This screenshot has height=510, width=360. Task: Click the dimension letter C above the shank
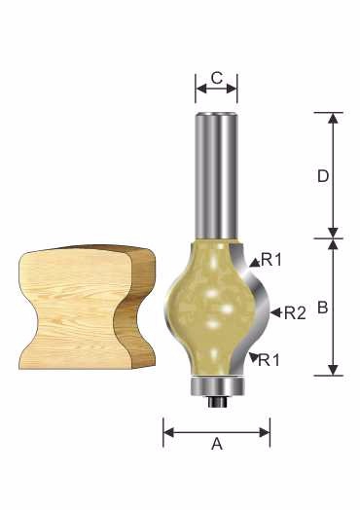217,79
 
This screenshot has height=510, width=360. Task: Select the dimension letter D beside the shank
323,176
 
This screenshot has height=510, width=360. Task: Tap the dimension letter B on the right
322,307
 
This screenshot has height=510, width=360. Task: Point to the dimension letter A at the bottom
217,444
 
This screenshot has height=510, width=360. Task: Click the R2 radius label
295,313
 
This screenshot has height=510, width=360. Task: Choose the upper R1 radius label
271,260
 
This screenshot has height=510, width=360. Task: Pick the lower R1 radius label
269,360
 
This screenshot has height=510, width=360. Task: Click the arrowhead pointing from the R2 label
275,312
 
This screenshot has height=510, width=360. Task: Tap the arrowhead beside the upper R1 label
255,262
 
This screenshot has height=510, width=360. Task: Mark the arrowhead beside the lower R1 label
253,357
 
